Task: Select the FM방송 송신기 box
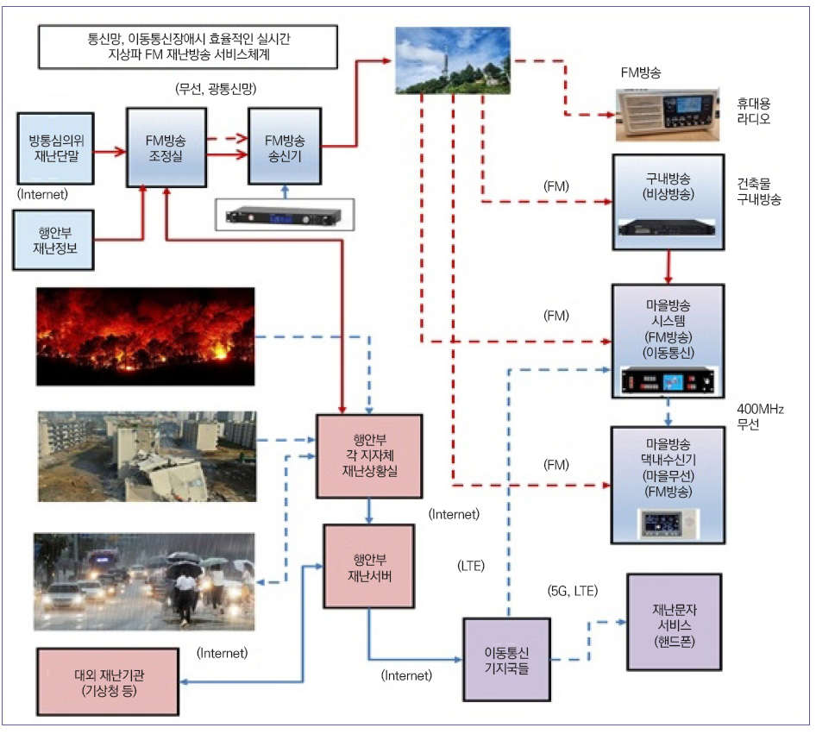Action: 284,146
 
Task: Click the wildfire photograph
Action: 146,336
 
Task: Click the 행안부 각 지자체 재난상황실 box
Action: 369,455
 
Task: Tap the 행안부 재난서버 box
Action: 368,565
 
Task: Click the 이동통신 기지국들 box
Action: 506,659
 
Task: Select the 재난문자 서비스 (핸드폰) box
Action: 674,623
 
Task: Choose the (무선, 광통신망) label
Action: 217,89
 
